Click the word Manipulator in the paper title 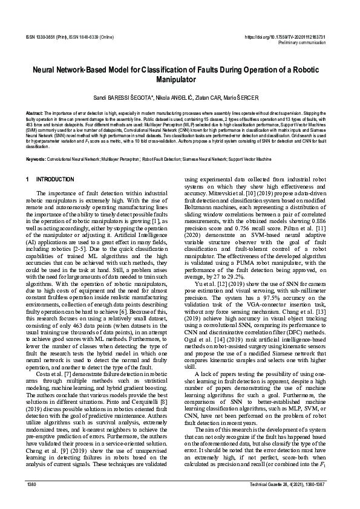180,80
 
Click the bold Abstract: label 34,113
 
